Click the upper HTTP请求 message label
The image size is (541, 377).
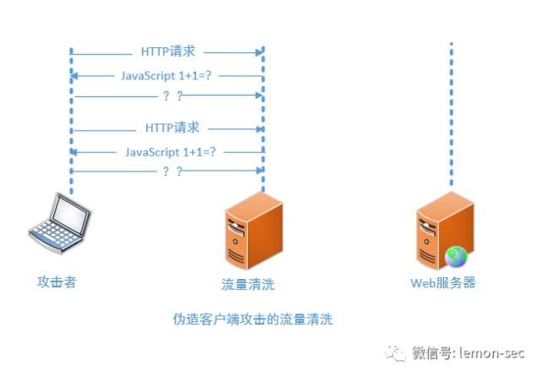168,52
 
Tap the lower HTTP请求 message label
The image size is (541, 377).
172,128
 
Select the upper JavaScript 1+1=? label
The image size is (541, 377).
166,75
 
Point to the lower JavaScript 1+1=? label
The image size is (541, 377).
170,152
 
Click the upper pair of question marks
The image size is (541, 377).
172,96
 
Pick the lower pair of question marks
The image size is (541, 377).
172,171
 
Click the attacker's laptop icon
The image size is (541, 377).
60,223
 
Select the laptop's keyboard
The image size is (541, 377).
54,237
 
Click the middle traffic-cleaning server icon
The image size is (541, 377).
254,231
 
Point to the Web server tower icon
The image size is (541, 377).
445,231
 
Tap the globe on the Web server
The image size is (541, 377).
456,257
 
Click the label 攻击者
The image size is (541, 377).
57,281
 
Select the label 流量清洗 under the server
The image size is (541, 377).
248,284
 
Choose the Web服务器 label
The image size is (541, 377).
443,283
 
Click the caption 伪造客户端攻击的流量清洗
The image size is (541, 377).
253,319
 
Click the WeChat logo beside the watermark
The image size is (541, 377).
396,353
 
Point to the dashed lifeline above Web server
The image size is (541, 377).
451,114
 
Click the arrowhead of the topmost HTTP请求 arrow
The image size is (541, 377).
260,52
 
